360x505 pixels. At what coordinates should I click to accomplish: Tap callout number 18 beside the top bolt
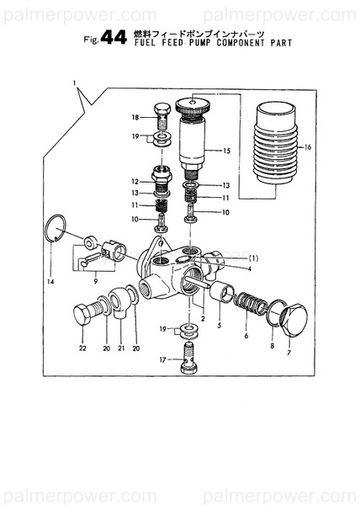tap(135, 117)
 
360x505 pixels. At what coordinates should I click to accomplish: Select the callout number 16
tap(308, 146)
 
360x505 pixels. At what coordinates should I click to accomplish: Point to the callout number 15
tap(225, 151)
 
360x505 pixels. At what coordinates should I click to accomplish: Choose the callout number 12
tap(135, 181)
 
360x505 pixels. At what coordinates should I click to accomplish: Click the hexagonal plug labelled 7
tap(291, 319)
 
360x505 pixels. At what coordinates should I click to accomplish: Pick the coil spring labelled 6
tap(250, 302)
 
